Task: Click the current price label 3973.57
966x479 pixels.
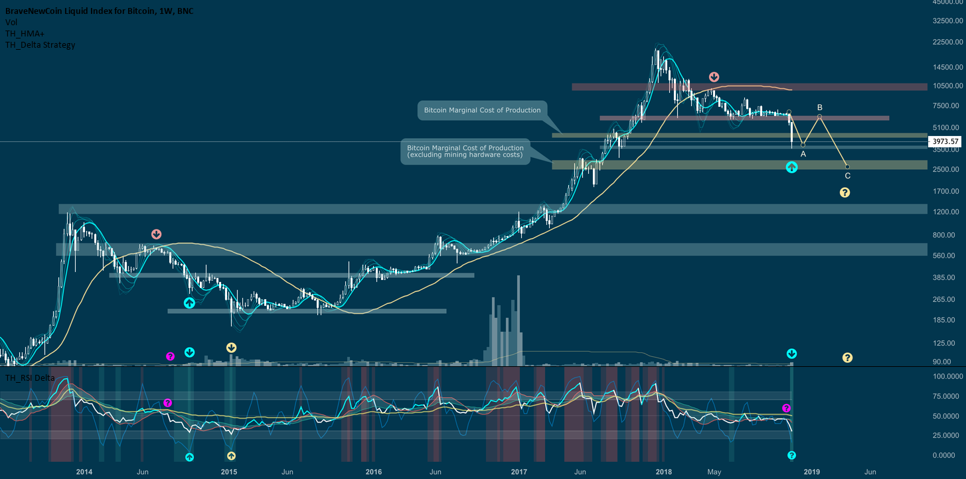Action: click(945, 141)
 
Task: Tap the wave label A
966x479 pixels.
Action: click(803, 154)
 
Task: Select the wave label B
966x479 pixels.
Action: click(820, 107)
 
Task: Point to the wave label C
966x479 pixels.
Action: click(847, 176)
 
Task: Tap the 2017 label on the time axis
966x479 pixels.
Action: click(519, 472)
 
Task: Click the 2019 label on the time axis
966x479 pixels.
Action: click(811, 472)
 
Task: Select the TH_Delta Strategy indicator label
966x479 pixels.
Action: click(40, 45)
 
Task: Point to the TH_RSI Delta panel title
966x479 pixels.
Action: click(29, 377)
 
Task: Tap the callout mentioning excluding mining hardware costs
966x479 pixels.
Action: click(465, 151)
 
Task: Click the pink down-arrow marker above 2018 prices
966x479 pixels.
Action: click(714, 77)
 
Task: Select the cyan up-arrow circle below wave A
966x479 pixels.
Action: click(791, 167)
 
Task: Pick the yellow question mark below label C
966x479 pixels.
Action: click(845, 192)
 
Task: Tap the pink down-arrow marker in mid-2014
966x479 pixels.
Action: click(156, 234)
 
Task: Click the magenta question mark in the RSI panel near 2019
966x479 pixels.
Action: click(786, 408)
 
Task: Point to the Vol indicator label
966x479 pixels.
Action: click(11, 22)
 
